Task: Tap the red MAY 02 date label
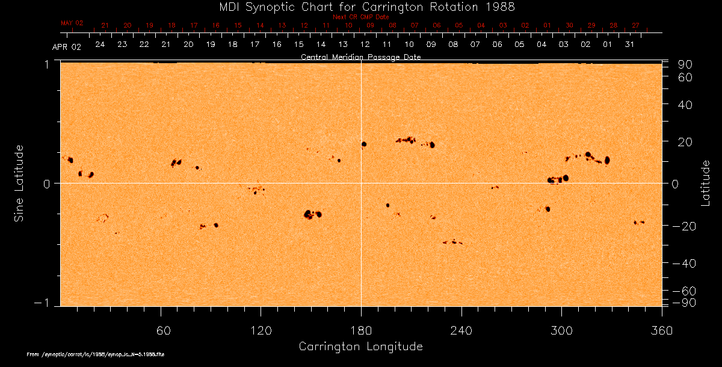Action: pos(72,23)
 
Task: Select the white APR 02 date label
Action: pos(66,46)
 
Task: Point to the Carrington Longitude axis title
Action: pos(360,347)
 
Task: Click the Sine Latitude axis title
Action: pos(19,183)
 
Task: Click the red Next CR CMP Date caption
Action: pos(360,17)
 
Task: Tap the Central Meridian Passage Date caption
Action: pos(360,57)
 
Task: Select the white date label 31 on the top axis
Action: pos(629,45)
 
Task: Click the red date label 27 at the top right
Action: pos(635,25)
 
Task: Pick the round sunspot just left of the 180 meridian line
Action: pos(363,144)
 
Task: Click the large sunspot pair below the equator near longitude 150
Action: pos(312,214)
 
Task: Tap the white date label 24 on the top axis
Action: pos(100,45)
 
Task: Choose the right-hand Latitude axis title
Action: pos(705,183)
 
